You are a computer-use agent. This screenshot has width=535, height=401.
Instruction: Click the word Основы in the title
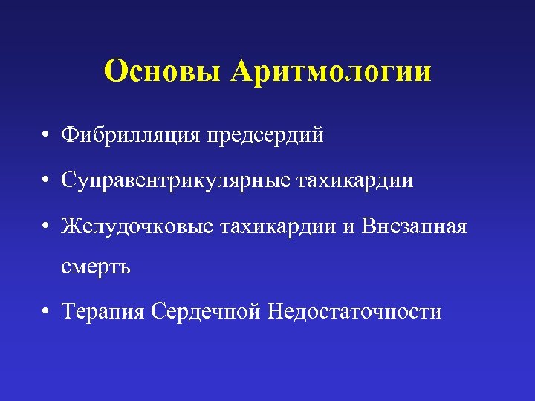click(x=163, y=71)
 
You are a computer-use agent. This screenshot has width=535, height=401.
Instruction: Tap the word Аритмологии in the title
click(x=331, y=71)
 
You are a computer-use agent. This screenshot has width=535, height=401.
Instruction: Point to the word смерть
click(x=97, y=266)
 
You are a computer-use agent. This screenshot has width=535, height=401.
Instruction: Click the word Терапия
click(x=103, y=311)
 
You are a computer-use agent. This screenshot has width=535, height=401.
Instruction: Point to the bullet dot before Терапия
click(x=46, y=312)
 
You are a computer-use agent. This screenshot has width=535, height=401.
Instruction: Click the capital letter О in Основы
click(x=116, y=71)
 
